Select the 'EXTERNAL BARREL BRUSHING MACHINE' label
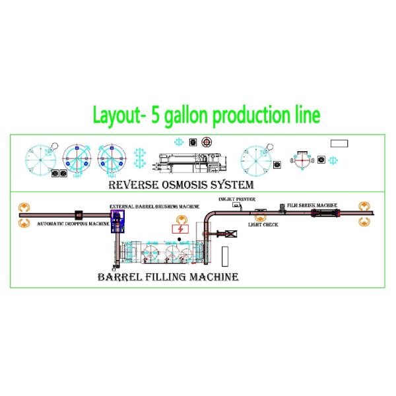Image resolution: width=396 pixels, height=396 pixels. click(154, 206)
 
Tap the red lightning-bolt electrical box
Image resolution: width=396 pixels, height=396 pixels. click(178, 229)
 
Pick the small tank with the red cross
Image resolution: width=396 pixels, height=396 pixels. click(303, 159)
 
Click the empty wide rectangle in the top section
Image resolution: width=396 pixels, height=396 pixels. click(339, 143)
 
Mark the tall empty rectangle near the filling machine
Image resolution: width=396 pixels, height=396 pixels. click(225, 254)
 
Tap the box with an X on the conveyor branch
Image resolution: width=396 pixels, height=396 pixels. click(230, 234)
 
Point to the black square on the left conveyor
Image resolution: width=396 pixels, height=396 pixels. click(78, 214)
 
